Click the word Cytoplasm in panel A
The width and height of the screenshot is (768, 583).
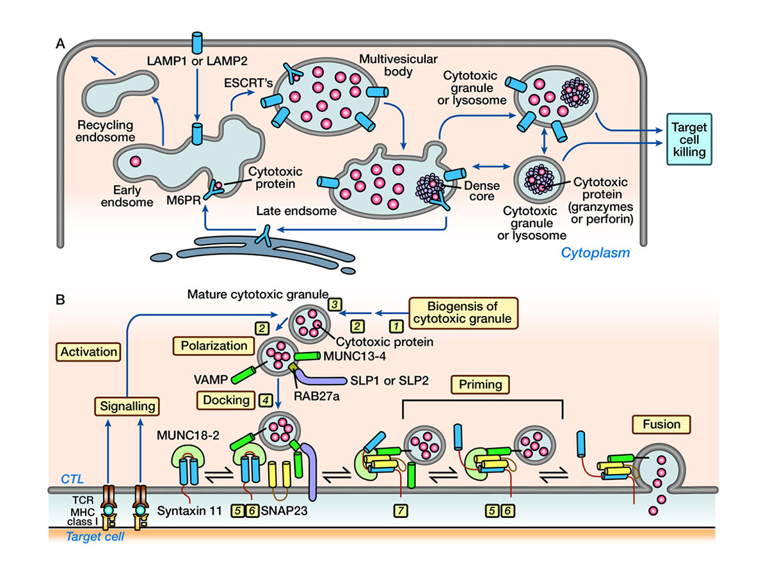[595, 253]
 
